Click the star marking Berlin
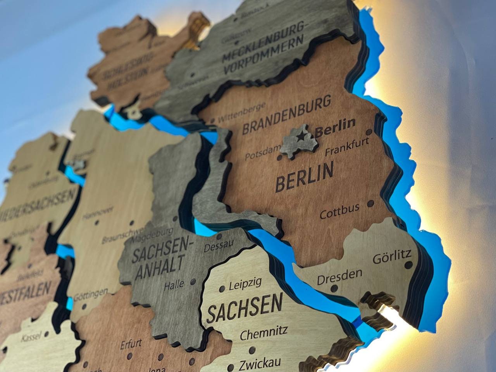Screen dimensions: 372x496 coord(301,136)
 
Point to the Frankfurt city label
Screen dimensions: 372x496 coord(346,146)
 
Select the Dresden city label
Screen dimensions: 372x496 coord(340,276)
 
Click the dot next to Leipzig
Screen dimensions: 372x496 coord(222,289)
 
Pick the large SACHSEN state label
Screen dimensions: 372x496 coord(245,308)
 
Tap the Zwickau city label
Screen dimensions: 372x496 coord(258,364)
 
